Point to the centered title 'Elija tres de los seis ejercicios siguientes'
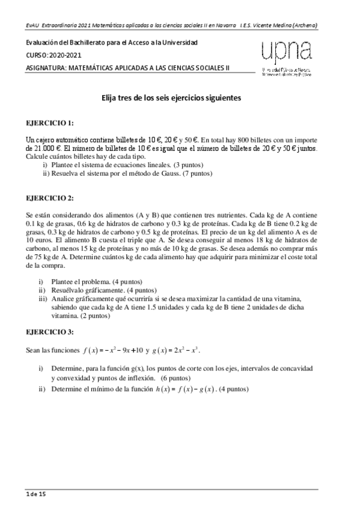(171, 97)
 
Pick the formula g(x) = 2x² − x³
(178, 350)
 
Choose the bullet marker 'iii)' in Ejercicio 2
(42, 298)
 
